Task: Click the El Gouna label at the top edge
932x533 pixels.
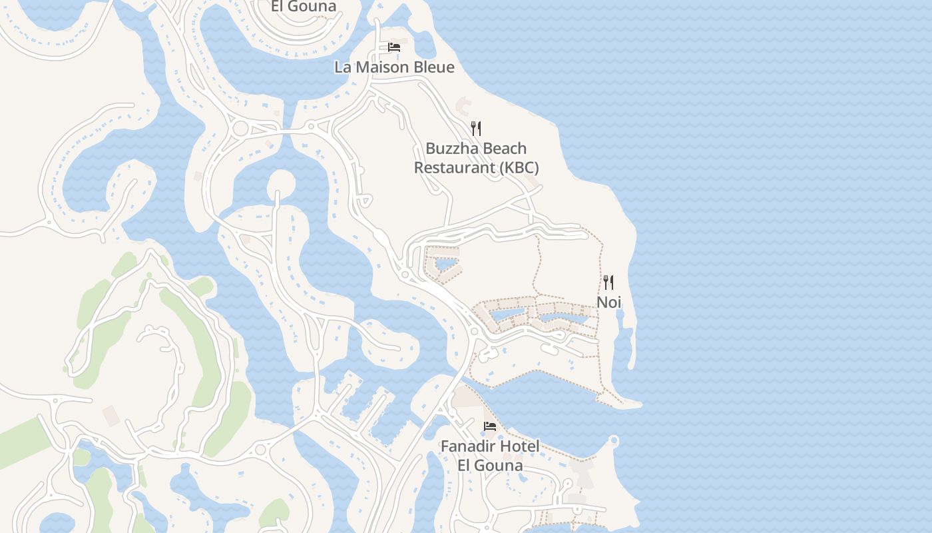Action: coord(304,7)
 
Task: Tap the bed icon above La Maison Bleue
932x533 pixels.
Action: coord(394,47)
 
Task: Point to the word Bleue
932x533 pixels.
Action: coord(433,67)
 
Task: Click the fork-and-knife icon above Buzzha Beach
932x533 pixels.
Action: coord(476,128)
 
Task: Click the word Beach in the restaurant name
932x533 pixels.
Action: coord(505,148)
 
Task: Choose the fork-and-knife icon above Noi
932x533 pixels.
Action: coord(608,282)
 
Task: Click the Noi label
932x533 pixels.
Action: coord(608,302)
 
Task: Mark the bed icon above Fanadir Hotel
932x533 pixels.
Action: coord(490,426)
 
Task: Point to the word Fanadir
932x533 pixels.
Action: coord(467,446)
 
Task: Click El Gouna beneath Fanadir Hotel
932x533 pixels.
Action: coord(490,465)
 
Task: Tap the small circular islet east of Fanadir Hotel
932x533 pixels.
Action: coord(613,440)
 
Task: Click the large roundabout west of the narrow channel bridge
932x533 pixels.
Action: coord(240,127)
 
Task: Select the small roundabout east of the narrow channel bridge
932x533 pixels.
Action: coord(311,125)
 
